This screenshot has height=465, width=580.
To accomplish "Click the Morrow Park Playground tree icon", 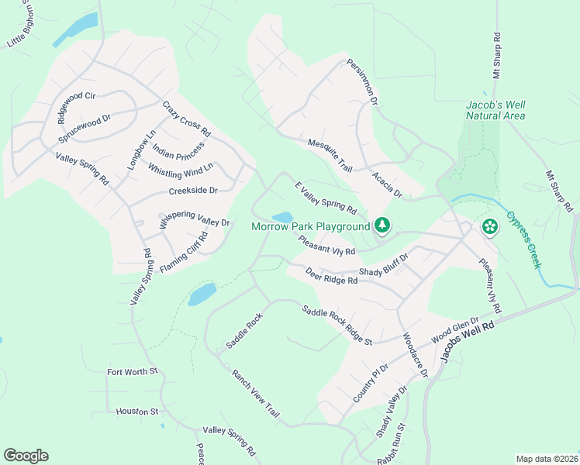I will click(x=381, y=226).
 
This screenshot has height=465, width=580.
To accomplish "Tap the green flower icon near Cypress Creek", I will click(x=490, y=226).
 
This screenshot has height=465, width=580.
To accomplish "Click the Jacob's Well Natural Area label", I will click(x=495, y=110).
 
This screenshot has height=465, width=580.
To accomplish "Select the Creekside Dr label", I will click(x=192, y=190).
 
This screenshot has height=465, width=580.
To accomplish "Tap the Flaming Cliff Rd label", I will click(x=185, y=251).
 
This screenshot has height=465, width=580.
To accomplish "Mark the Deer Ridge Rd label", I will click(x=331, y=277).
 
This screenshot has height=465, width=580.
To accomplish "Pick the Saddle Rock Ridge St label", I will click(x=337, y=325).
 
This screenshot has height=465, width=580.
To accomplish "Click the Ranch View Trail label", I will click(x=254, y=394).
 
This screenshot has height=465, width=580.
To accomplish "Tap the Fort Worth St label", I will click(x=132, y=372).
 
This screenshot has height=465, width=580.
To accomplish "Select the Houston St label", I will click(x=137, y=412).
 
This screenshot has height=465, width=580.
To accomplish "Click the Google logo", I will click(x=26, y=456).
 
